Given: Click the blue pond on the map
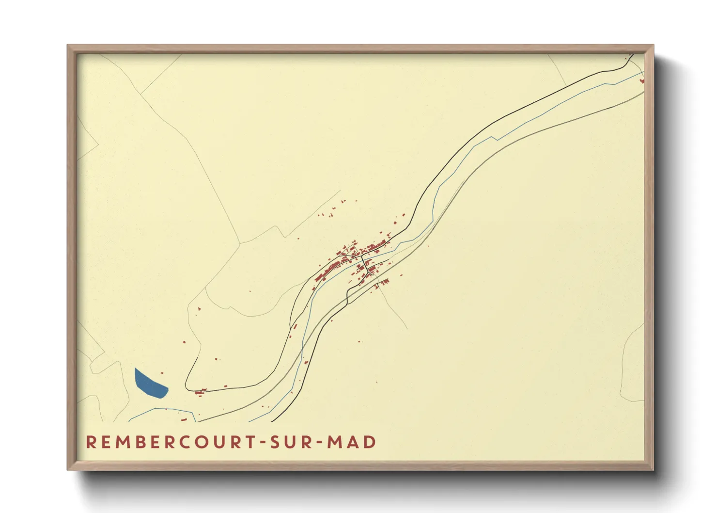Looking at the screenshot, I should coord(150,384).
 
